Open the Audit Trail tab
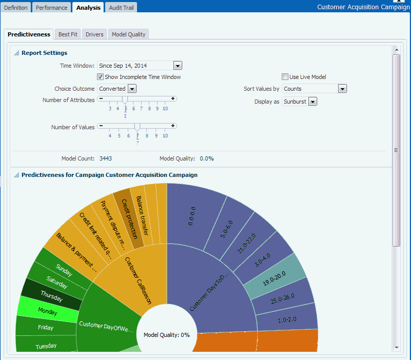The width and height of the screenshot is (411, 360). (122, 8)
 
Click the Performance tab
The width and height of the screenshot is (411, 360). (51, 8)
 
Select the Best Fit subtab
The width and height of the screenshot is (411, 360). (68, 34)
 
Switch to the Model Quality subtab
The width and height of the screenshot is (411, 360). (129, 34)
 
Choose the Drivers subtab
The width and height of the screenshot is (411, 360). (94, 34)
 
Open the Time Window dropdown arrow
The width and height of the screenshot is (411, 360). (178, 66)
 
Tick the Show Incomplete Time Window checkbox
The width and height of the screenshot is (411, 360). (101, 77)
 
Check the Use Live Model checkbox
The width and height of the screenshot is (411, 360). (285, 77)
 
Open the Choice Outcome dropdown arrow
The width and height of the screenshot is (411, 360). (132, 89)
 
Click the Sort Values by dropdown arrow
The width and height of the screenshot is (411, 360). (343, 89)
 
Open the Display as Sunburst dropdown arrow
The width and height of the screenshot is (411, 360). (312, 102)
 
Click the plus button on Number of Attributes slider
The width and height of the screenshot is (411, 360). (173, 98)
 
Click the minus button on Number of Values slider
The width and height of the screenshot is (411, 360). (101, 125)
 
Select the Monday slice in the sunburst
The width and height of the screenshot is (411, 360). (48, 311)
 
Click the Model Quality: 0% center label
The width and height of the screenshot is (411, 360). (166, 335)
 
